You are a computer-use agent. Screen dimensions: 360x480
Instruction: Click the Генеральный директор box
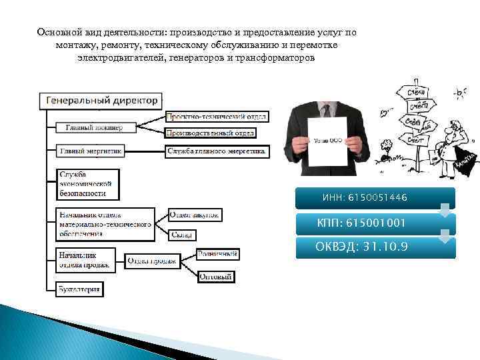point(102,101)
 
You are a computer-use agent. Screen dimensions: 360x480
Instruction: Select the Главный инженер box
point(93,127)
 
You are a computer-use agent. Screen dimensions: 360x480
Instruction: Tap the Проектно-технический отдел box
point(216,117)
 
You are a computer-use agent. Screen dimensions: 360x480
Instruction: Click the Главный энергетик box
point(90,151)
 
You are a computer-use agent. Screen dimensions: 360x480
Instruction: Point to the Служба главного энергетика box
point(217,151)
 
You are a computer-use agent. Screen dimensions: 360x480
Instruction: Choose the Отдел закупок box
point(195,215)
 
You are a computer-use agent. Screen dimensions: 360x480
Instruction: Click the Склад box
point(181,235)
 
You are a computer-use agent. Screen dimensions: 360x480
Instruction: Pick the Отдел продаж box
point(151,261)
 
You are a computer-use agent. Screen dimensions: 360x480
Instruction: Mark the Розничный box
point(217,253)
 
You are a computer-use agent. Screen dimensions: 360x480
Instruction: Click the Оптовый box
point(217,276)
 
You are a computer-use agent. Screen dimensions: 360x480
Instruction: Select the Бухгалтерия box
point(79,289)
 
